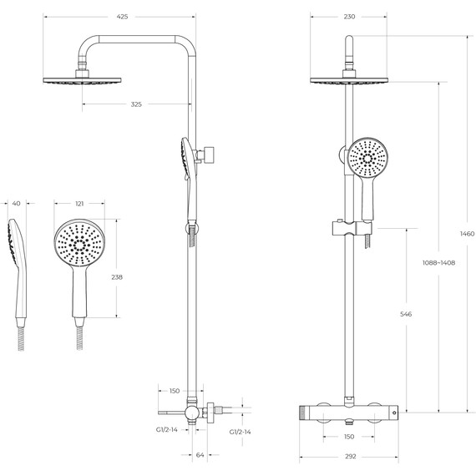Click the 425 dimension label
coord(122,17)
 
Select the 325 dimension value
coord(136,104)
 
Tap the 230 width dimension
coord(349,17)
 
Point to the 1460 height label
coord(467,234)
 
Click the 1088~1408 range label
coord(438,263)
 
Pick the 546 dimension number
coord(406,314)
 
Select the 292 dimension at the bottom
coord(351,456)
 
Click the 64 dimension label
coord(200,455)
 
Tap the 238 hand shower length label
coord(117,277)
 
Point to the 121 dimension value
coord(79,204)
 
